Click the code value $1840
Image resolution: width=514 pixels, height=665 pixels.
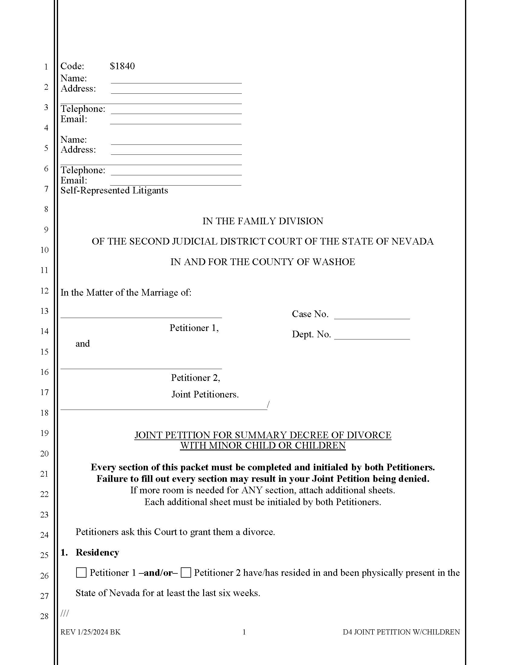(x=122, y=66)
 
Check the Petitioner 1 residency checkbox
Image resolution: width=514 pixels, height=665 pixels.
(x=81, y=573)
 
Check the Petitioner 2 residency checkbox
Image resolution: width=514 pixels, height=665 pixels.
(x=186, y=573)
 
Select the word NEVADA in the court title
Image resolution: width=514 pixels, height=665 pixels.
(x=412, y=242)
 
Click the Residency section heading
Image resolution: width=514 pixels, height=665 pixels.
(x=97, y=552)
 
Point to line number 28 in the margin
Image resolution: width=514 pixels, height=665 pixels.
(x=44, y=616)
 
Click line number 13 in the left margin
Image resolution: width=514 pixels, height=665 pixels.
(x=44, y=311)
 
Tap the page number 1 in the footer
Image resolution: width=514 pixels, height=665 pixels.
(x=244, y=632)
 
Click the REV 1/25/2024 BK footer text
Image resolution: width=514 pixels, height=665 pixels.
(x=90, y=632)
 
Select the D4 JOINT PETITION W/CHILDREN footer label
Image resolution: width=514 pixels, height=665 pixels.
(x=401, y=632)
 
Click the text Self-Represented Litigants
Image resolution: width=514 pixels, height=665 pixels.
(x=114, y=190)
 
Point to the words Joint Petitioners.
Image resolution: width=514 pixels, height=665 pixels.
(x=205, y=394)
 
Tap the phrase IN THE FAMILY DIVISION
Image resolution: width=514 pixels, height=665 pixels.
(x=263, y=221)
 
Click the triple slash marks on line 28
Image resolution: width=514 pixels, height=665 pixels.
(x=65, y=613)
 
